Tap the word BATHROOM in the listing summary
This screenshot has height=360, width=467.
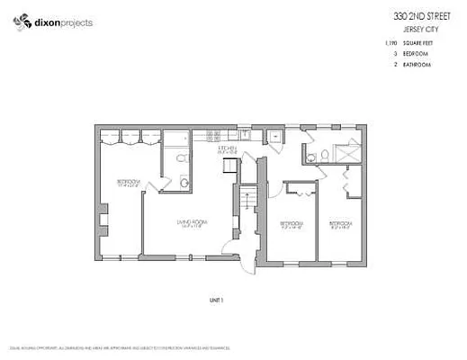click(x=417, y=66)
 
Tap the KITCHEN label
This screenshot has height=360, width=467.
click(x=226, y=149)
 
